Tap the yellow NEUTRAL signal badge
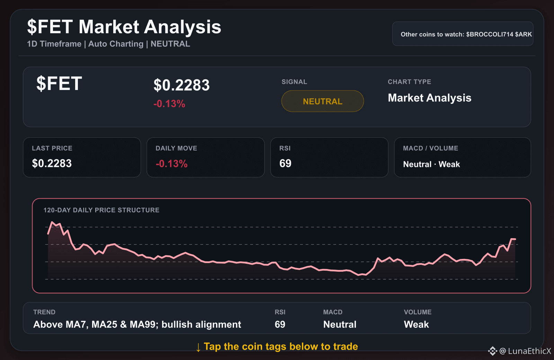point(322,101)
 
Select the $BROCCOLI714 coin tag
point(490,34)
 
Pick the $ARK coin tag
point(523,34)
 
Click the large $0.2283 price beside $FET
point(181,85)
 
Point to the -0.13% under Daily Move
point(171,164)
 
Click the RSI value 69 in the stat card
point(285,163)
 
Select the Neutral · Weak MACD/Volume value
point(431,164)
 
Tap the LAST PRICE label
point(52,148)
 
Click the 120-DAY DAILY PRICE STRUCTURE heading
point(101,210)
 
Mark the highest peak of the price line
point(52,222)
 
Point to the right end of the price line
point(515,239)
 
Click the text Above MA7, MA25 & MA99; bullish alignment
point(137,324)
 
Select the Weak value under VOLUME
point(416,324)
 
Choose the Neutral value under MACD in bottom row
point(340,324)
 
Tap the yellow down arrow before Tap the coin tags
point(198,348)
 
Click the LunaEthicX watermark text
point(529,351)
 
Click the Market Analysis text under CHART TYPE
point(429,98)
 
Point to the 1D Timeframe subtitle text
point(54,44)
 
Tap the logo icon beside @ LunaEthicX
point(492,351)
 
